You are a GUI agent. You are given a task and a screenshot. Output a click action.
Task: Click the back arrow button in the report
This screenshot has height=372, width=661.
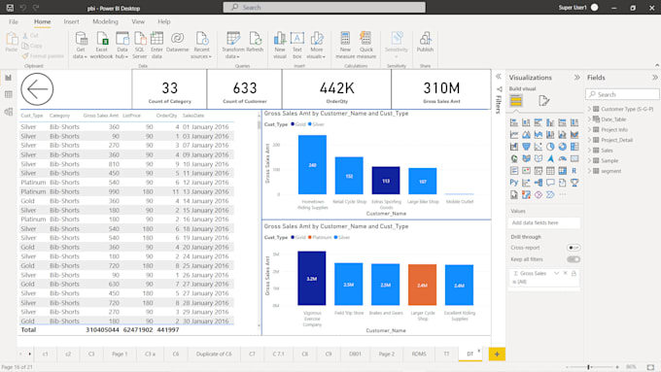(x=36, y=90)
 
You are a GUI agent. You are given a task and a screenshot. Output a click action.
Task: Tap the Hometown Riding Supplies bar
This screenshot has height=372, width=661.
(x=285, y=164)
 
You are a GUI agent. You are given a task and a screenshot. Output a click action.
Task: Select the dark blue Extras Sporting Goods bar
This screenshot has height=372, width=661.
(x=386, y=180)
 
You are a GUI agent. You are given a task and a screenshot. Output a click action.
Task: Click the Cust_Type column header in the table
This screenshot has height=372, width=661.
(x=31, y=115)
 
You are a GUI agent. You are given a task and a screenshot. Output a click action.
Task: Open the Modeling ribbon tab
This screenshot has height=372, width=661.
(x=105, y=21)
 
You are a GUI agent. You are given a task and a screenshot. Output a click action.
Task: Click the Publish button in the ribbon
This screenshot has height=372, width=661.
(x=425, y=45)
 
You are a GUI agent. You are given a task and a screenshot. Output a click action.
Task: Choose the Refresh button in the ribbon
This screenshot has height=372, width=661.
(x=255, y=45)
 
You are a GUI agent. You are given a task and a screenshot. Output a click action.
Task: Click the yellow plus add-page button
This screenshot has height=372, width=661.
(x=497, y=355)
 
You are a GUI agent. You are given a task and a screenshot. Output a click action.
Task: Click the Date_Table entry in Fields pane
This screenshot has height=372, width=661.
(x=614, y=118)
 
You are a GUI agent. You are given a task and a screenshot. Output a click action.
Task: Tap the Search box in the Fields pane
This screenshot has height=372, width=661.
(x=622, y=94)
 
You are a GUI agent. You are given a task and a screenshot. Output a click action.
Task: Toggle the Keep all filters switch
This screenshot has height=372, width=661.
(x=574, y=259)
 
